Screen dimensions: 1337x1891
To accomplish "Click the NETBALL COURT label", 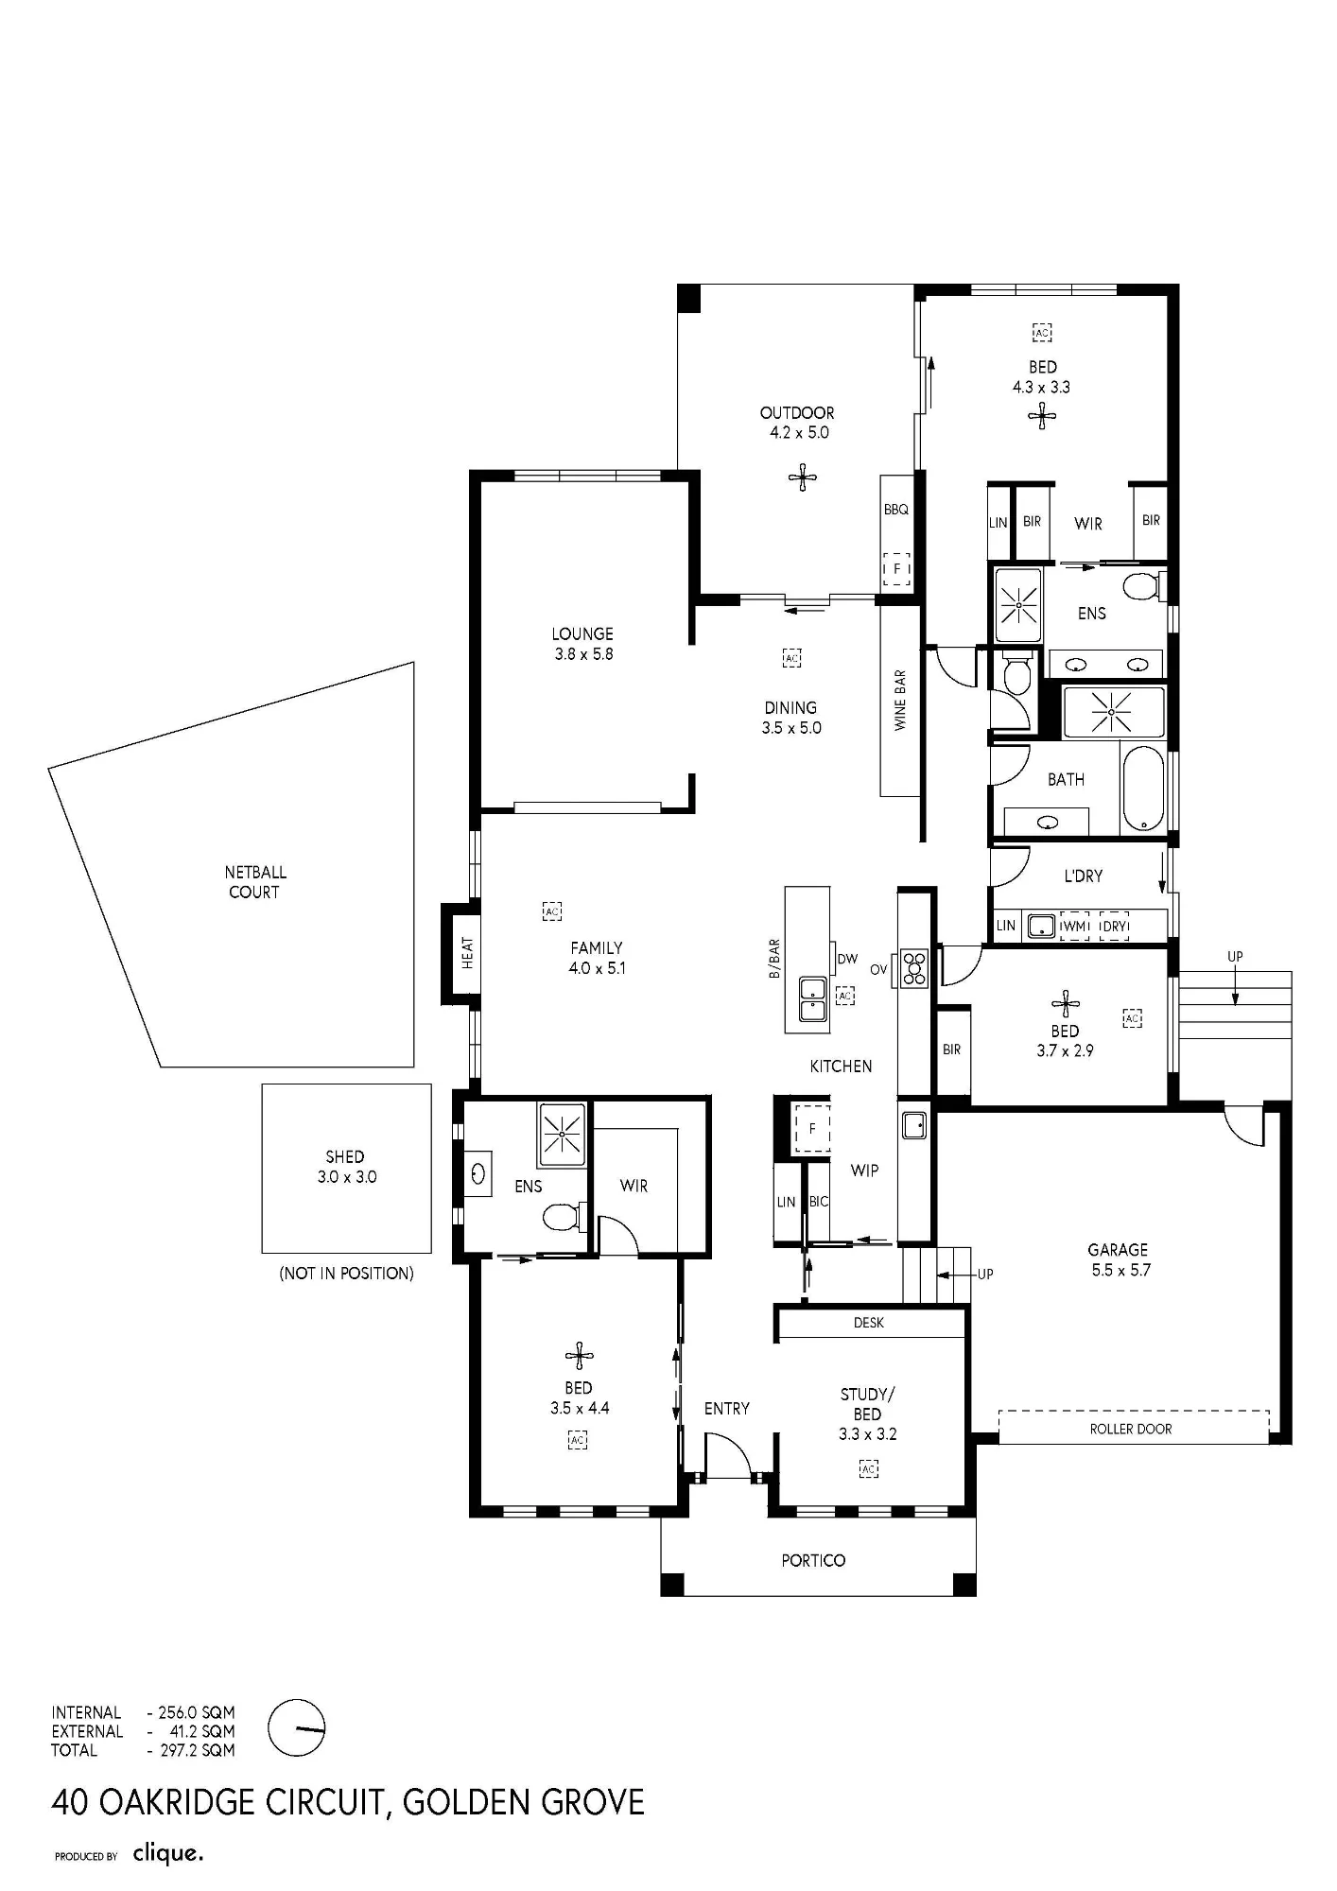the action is coord(255,882).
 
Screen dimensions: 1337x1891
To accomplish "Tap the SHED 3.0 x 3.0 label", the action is coord(346,1167).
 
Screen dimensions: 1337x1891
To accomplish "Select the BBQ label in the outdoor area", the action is coord(896,510).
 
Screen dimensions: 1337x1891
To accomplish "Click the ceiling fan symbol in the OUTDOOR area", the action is coord(803,477).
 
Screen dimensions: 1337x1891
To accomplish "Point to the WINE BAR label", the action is coord(900,701).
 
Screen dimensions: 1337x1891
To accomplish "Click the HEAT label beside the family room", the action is coord(467,953).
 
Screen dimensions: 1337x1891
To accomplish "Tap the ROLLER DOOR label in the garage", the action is coord(1131,1429).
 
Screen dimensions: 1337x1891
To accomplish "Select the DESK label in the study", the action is coord(869,1323).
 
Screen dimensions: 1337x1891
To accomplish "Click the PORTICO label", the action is coord(813,1560).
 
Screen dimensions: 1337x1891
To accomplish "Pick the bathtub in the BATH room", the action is coord(1143,789).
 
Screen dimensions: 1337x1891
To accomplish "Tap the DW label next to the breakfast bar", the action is coord(847,959).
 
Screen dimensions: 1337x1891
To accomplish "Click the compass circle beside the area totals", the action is coord(296,1727).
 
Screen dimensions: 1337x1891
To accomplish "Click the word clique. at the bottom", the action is coord(168,1854).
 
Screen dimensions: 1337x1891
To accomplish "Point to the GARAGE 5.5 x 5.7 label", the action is coord(1120,1259).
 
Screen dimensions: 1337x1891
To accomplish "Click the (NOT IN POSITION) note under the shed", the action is coord(346,1274).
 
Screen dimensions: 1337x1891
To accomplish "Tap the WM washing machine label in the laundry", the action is coord(1075,927).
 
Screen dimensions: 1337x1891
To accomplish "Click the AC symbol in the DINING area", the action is coord(792,657).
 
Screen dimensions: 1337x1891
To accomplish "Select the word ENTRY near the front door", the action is coord(727,1409).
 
